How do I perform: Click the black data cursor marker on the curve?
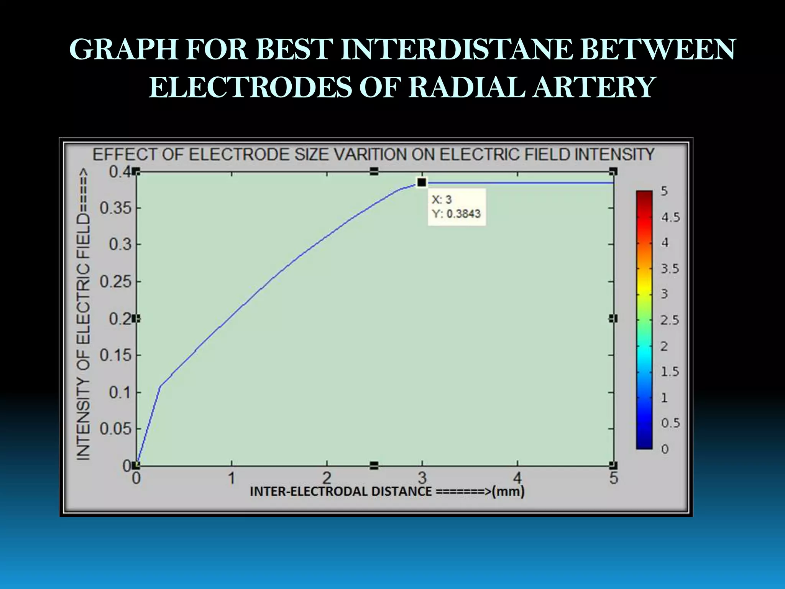click(x=422, y=183)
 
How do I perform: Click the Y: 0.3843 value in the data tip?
click(x=456, y=214)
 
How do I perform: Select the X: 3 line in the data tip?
click(x=442, y=199)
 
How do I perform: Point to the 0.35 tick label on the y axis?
click(x=115, y=208)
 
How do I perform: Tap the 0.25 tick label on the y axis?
click(x=115, y=282)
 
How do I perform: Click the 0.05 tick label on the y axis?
click(x=115, y=429)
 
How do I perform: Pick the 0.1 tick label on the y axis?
click(x=120, y=393)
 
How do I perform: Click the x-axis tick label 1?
click(x=232, y=478)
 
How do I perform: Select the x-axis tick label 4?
click(x=517, y=478)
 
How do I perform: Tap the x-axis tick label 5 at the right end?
click(x=614, y=478)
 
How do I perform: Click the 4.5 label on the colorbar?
click(x=670, y=217)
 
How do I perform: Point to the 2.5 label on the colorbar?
click(x=670, y=320)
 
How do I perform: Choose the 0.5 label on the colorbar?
click(x=670, y=423)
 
